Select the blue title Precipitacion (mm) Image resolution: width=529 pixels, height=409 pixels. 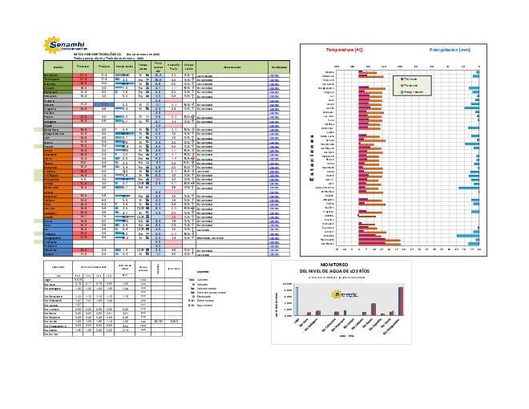pos(448,50)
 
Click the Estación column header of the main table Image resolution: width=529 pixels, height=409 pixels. pos(58,66)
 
